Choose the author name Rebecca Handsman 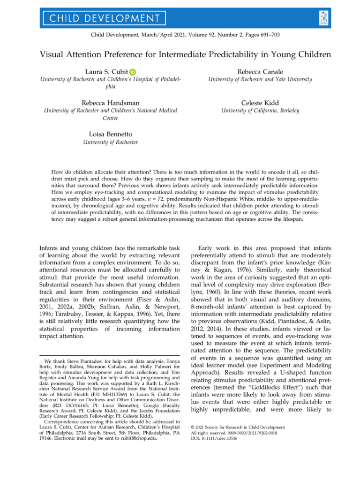pyautogui.click(x=110, y=102)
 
